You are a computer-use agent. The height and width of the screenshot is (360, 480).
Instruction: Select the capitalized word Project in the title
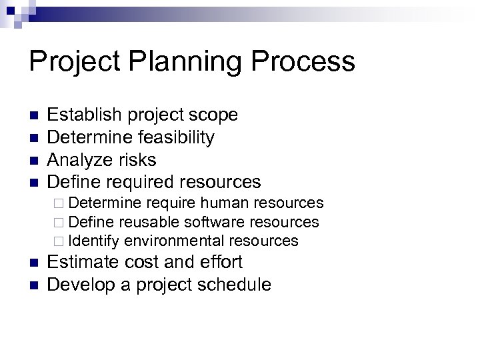click(x=73, y=63)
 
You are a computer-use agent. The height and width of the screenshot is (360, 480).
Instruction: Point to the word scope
click(x=213, y=115)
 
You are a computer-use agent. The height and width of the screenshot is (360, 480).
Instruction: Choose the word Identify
click(x=94, y=240)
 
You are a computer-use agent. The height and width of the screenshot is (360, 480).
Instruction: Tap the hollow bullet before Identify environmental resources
click(x=63, y=241)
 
